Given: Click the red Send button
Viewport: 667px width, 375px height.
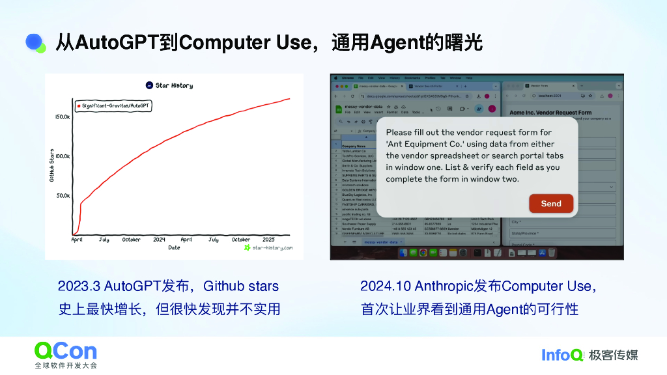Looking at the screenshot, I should point(550,204).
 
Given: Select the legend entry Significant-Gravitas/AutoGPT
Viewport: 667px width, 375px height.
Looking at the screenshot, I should point(113,105).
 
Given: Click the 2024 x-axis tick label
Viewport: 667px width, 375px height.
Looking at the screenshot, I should point(159,240).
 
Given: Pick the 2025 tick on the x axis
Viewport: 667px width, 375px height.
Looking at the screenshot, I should point(268,240).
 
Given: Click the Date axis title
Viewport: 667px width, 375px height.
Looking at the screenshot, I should point(174,248).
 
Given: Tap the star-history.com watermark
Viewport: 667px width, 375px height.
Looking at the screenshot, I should point(268,248).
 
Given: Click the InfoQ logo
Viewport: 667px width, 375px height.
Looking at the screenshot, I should point(562,355).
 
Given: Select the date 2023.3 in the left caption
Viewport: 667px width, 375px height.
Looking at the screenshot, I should point(79,286).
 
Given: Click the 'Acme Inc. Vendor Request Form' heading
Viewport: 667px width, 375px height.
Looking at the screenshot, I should point(550,113).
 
